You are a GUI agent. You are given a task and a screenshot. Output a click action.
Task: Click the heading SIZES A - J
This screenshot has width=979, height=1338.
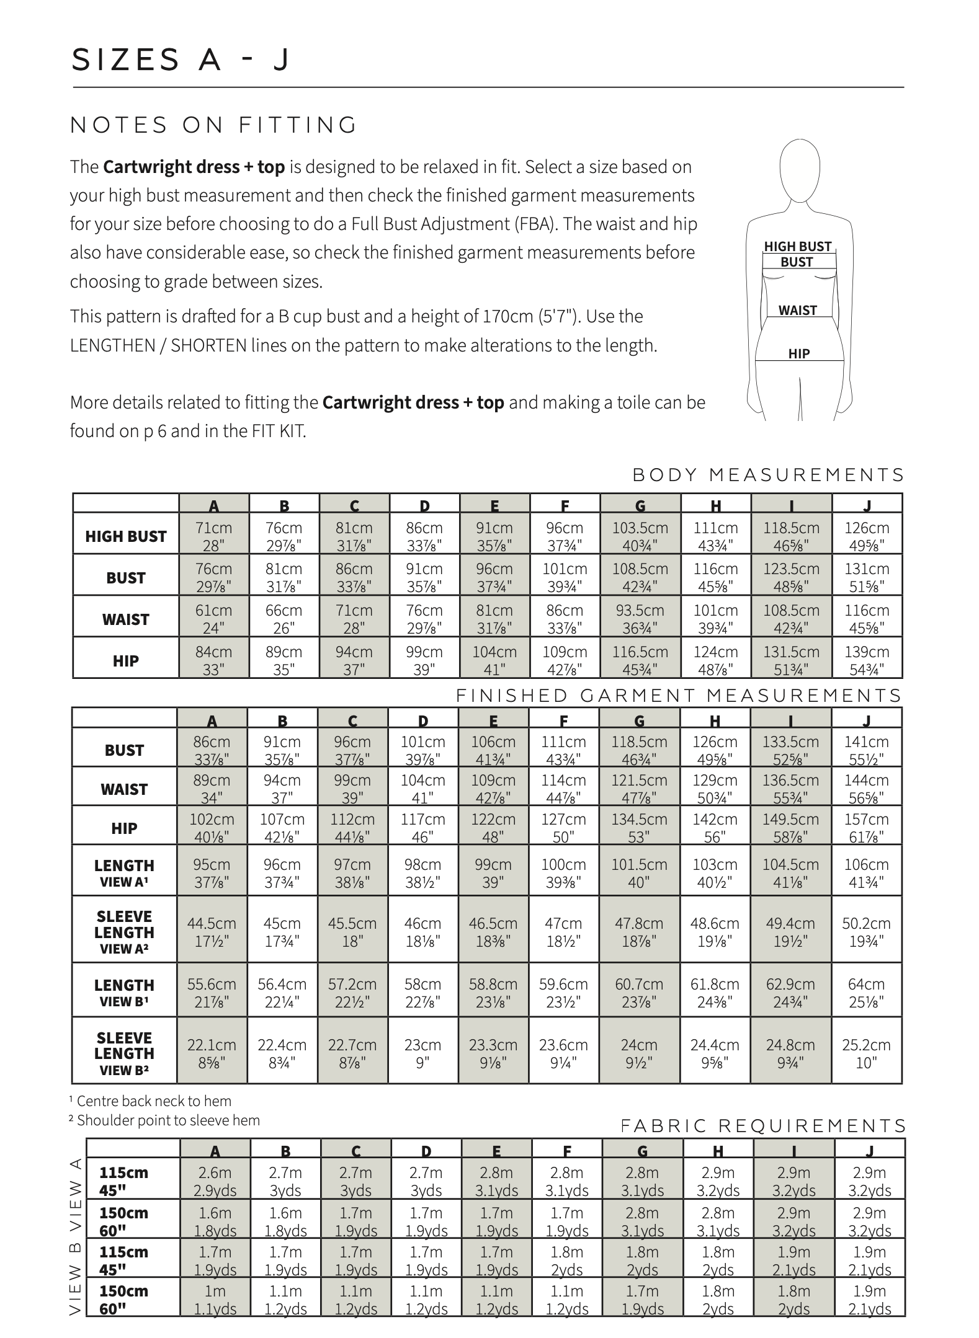click(180, 60)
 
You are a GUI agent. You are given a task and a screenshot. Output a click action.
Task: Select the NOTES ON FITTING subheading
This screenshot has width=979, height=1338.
click(214, 125)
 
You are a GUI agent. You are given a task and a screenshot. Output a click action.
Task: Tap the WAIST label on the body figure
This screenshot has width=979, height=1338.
click(797, 310)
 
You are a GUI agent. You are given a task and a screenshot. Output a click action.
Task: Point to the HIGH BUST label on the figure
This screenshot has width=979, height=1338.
click(797, 246)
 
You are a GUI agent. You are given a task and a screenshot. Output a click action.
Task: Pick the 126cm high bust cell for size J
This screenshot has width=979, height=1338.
click(867, 536)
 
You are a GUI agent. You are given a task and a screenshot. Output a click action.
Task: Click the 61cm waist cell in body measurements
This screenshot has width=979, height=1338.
click(213, 618)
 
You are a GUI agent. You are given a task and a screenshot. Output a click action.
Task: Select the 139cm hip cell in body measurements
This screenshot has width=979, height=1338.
click(867, 660)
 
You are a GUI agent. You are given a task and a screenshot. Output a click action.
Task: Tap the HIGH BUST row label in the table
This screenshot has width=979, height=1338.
click(126, 536)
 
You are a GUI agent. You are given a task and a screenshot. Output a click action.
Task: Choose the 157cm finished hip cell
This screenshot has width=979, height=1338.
click(866, 827)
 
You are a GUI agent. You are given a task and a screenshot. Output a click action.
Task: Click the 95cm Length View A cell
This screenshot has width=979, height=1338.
click(212, 872)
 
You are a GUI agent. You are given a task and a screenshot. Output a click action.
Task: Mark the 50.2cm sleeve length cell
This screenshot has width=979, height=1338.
click(866, 931)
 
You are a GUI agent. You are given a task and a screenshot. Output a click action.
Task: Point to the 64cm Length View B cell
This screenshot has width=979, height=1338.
click(866, 992)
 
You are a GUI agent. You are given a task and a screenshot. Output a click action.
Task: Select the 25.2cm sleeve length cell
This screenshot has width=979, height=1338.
click(866, 1053)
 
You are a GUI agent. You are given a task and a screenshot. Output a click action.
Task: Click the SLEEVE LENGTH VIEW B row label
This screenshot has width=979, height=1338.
click(124, 1053)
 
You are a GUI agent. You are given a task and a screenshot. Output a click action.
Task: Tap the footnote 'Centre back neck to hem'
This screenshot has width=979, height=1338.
click(151, 1101)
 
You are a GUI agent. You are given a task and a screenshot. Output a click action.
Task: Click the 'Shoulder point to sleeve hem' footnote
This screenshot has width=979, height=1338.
click(165, 1120)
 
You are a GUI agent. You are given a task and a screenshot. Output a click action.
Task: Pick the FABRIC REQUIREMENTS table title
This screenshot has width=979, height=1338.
click(763, 1126)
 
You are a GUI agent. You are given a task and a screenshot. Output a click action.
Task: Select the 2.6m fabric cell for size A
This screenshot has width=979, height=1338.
click(215, 1181)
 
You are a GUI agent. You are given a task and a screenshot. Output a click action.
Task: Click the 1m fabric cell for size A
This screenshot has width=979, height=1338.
click(215, 1299)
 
